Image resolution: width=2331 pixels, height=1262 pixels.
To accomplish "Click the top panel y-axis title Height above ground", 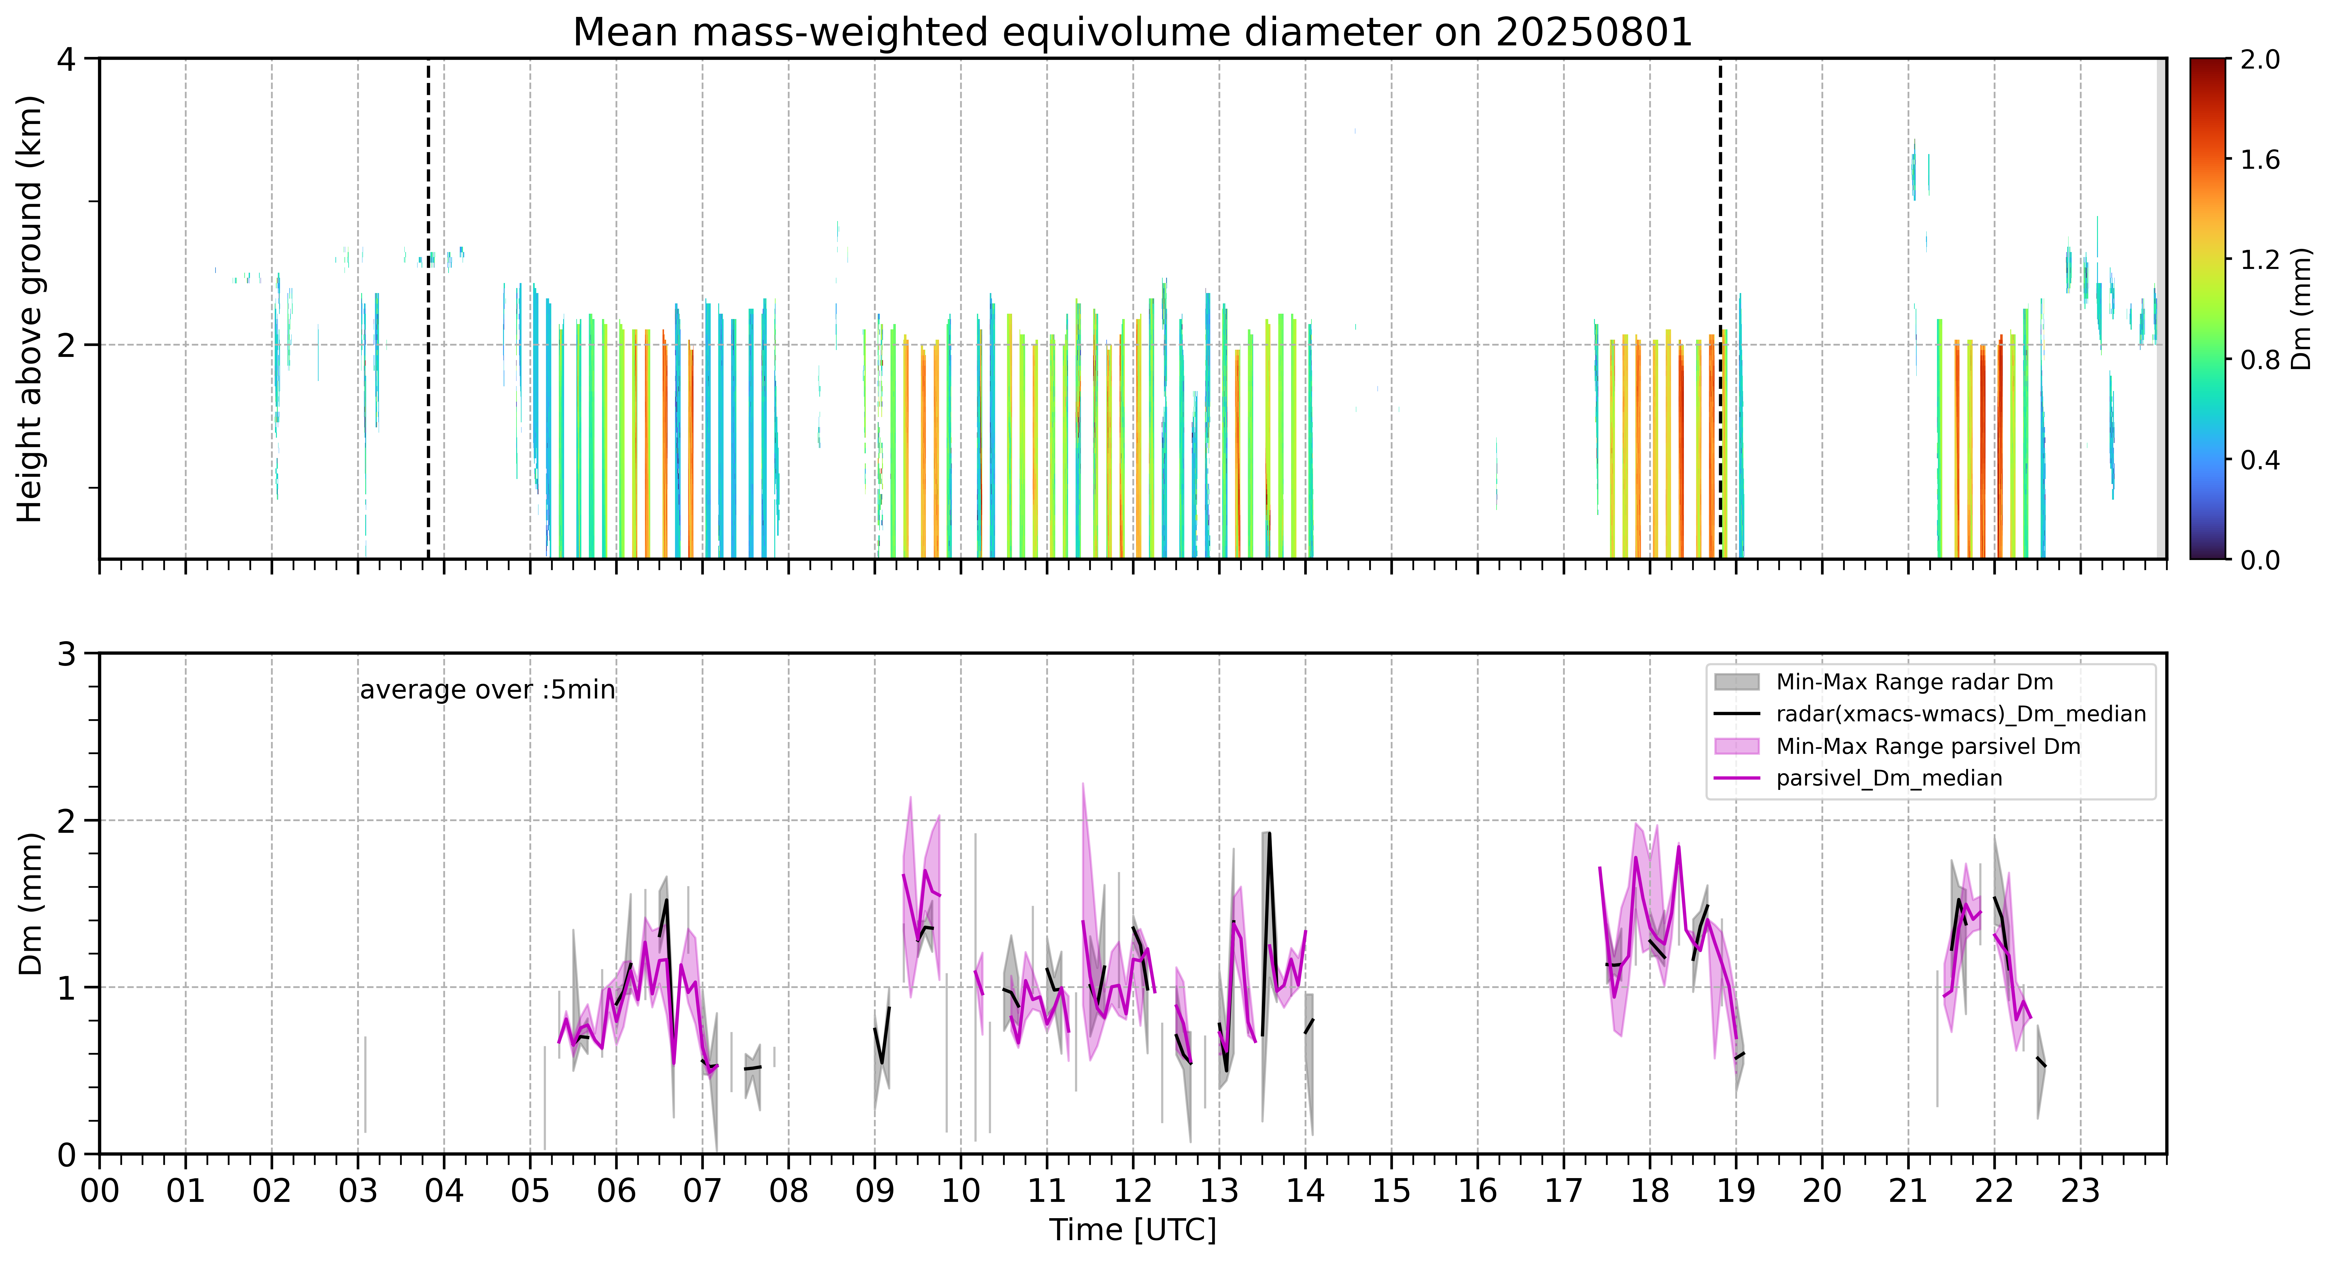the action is click(30, 309).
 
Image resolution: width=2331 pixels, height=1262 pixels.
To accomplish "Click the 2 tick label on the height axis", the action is click(66, 345).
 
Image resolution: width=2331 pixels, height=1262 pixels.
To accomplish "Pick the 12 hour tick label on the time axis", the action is click(1133, 1191).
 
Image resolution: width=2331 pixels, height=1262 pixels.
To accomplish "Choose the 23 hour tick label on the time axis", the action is click(2080, 1191).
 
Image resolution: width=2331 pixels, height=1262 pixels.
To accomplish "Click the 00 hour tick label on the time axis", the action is click(100, 1191).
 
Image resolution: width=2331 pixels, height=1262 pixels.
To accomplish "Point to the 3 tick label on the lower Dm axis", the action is click(66, 653).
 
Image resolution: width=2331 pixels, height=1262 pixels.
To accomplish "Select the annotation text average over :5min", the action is click(487, 690).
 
